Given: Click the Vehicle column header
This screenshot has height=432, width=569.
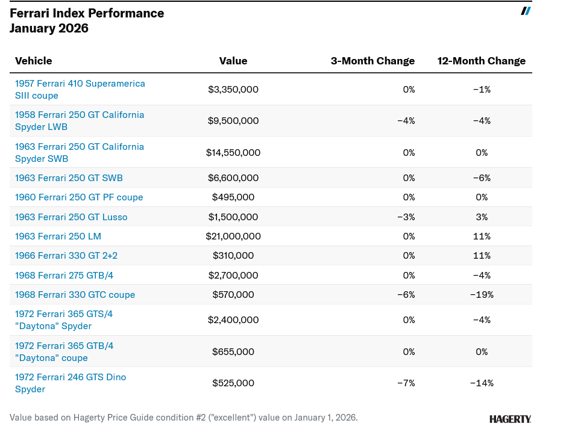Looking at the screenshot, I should click(34, 61).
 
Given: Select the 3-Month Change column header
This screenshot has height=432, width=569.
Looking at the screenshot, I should click(373, 61).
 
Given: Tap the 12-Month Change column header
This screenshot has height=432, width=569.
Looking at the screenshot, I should click(481, 61).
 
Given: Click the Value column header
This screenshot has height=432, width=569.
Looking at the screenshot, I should click(233, 61).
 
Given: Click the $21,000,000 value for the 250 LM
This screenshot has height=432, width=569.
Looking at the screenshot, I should click(233, 236).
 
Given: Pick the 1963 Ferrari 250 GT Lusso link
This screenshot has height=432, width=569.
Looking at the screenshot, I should click(71, 217).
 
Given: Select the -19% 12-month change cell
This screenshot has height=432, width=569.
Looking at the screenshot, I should click(482, 295).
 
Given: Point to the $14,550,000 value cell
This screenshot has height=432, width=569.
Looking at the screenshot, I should click(233, 153).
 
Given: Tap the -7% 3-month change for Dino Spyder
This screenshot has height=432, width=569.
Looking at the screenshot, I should click(406, 383).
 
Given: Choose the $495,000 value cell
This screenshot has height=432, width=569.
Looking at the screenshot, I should click(233, 197).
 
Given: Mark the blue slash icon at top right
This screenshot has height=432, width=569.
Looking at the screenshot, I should click(526, 11).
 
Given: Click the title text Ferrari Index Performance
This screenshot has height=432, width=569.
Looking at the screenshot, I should click(87, 13).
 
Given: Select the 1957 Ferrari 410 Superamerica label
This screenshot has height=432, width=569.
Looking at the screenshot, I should click(80, 90).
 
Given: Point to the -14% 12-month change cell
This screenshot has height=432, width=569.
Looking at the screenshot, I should click(482, 383).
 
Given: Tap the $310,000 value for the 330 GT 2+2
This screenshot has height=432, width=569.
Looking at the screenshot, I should click(233, 256).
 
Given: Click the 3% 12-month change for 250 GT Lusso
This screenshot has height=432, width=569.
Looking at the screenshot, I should click(482, 217).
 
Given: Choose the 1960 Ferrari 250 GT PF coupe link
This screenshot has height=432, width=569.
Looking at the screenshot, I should click(79, 197).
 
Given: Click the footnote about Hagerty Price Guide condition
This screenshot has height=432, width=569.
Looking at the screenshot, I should click(184, 418).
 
